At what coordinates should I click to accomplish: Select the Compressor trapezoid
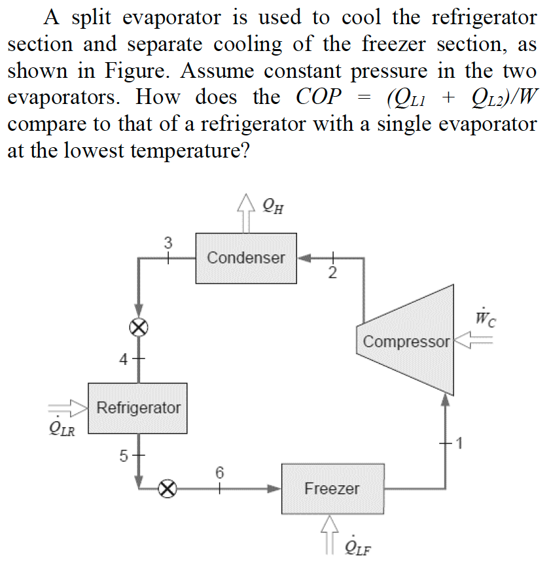(x=406, y=340)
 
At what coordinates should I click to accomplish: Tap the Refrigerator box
(x=138, y=408)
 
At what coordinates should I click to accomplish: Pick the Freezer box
(x=332, y=489)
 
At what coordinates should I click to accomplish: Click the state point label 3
(x=168, y=243)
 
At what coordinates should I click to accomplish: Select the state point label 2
(x=332, y=273)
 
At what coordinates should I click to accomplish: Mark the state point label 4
(x=124, y=359)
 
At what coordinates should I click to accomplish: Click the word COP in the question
(x=319, y=97)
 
